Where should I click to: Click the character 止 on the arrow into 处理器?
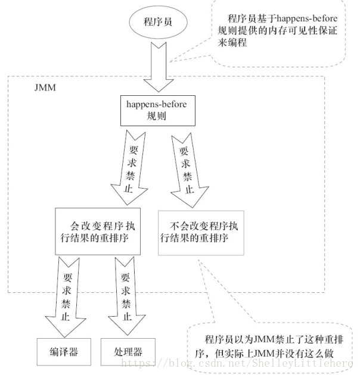click(125, 316)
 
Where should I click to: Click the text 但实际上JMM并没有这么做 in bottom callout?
click(280, 353)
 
